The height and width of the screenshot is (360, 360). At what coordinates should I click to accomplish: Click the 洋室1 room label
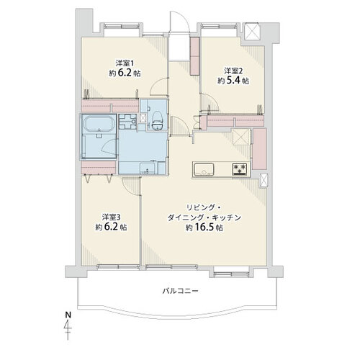tap(125, 63)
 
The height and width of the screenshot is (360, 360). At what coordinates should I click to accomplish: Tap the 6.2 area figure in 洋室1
tap(125, 73)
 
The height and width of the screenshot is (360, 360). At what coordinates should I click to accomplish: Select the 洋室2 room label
tap(233, 71)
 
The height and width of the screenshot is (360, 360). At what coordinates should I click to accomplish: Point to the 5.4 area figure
tap(233, 81)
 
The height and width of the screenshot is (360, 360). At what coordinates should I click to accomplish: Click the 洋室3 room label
tap(111, 217)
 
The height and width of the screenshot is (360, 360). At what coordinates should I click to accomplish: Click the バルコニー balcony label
tap(181, 291)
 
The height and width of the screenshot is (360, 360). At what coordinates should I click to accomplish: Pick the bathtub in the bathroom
tap(99, 123)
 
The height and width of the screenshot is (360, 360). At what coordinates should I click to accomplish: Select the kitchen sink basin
tap(203, 169)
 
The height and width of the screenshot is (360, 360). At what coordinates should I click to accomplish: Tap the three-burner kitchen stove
tap(240, 168)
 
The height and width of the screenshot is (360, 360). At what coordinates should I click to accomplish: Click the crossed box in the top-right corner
tap(252, 31)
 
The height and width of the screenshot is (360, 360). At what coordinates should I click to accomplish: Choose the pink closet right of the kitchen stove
tap(260, 149)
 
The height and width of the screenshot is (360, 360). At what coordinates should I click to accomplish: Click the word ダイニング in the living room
tap(186, 217)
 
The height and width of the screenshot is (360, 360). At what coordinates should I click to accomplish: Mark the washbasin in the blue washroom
tap(147, 168)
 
